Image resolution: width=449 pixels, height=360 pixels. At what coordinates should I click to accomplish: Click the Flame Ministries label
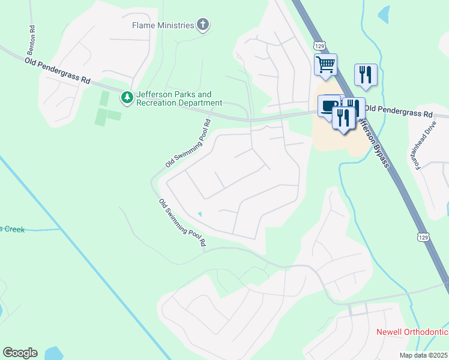(163, 25)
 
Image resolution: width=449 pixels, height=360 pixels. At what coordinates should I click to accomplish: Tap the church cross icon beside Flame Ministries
(203, 25)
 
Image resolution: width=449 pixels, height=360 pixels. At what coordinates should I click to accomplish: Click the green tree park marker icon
(127, 97)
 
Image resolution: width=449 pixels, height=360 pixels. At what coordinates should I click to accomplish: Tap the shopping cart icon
(325, 64)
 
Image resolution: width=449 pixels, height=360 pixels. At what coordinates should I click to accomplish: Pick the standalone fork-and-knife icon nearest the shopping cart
(366, 74)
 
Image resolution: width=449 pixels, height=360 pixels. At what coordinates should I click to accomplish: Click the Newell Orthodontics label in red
(412, 332)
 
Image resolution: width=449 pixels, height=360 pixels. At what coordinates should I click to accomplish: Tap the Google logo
(20, 353)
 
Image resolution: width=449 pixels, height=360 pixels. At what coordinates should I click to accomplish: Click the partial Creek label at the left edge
(12, 229)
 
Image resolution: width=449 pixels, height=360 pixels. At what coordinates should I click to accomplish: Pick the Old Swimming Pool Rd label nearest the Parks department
(188, 143)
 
